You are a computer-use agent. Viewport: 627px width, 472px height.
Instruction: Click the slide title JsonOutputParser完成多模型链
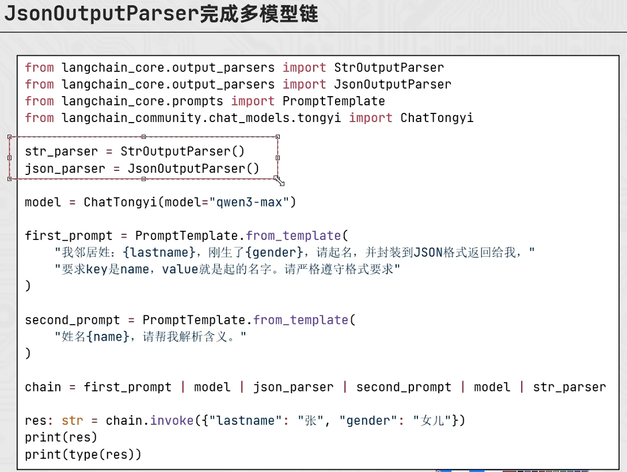click(161, 13)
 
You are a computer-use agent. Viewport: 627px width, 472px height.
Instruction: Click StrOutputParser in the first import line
click(389, 67)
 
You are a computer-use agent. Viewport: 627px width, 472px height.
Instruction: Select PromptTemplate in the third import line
click(333, 101)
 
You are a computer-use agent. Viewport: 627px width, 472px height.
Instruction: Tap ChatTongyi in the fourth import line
click(436, 118)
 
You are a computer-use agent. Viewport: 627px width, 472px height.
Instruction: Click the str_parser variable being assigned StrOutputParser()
click(61, 152)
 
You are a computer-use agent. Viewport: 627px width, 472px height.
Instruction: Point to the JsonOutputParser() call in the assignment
click(193, 168)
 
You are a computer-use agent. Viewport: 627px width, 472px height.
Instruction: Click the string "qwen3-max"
click(249, 202)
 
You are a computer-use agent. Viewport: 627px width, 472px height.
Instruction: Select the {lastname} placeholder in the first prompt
click(159, 253)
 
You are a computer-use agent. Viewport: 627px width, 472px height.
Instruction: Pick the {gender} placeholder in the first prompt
click(274, 253)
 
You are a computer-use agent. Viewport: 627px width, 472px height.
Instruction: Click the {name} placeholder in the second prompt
click(108, 337)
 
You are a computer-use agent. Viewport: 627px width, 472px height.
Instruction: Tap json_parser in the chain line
click(293, 387)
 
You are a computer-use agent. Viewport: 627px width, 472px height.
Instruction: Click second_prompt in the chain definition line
click(404, 387)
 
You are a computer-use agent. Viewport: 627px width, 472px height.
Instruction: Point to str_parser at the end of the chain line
click(569, 387)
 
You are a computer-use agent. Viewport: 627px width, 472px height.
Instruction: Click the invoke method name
click(172, 420)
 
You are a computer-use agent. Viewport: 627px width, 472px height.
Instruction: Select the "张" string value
click(310, 420)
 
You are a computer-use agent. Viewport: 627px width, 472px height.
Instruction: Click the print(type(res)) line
click(83, 454)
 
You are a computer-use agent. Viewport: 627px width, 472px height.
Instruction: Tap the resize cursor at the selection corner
click(279, 181)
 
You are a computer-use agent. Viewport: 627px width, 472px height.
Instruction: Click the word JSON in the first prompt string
click(428, 253)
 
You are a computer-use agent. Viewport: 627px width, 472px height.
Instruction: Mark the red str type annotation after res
click(73, 420)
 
